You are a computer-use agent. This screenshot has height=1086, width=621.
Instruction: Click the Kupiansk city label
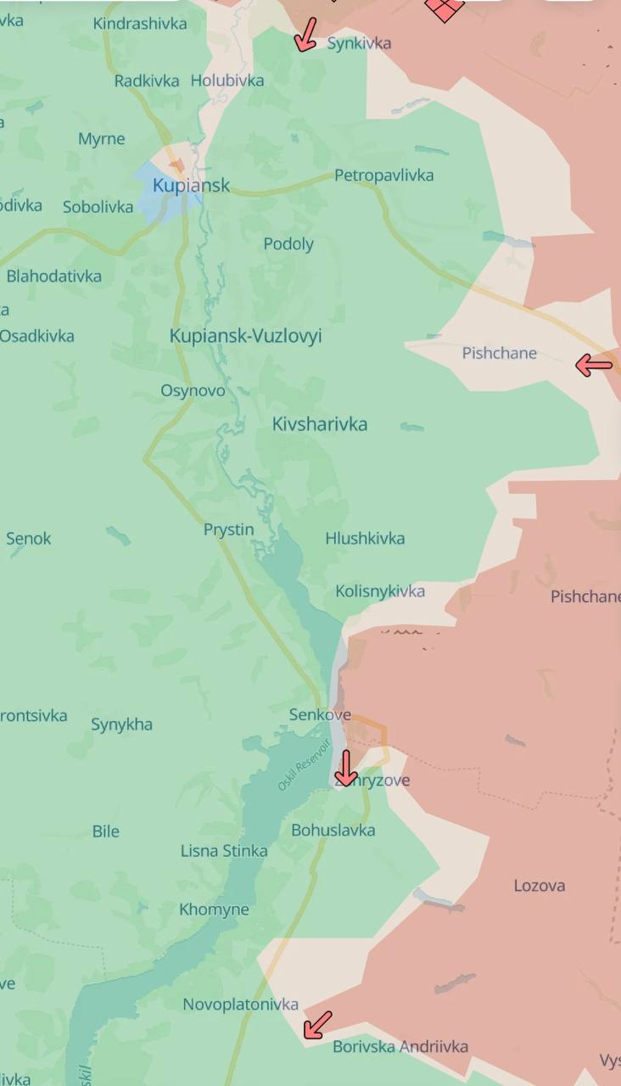191,185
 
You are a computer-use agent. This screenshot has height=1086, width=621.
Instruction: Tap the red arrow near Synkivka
306,35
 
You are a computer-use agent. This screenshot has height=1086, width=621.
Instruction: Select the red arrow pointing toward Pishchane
594,366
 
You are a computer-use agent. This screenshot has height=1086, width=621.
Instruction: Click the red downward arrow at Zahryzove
345,768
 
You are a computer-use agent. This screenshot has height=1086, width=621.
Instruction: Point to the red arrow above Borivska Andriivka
317,1025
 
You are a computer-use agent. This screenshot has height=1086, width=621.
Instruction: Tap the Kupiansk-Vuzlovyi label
245,336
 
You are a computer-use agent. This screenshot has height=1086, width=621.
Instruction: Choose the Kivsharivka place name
320,424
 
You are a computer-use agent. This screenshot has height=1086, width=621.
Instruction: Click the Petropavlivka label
383,176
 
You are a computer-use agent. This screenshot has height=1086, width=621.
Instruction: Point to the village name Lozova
539,886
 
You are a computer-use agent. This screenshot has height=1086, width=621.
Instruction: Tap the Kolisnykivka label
380,591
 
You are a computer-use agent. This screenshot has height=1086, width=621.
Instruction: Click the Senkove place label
320,715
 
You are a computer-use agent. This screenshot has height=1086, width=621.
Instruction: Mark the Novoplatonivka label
241,1005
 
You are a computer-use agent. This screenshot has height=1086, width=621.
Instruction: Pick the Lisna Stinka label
224,851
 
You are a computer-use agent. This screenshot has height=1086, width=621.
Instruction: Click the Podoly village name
288,244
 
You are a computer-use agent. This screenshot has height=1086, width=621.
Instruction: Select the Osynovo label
193,390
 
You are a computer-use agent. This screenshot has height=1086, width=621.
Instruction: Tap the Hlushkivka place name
365,539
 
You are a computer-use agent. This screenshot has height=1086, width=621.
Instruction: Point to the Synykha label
121,725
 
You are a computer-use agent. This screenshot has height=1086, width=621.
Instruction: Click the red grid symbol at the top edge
445,8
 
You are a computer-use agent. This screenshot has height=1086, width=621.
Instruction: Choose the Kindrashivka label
140,24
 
